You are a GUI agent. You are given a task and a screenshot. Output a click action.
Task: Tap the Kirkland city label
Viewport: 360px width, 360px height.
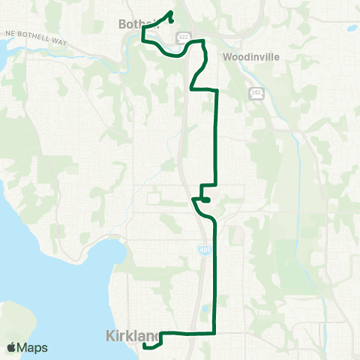[124, 334]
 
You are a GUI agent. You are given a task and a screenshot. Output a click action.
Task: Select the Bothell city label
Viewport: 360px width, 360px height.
[137, 24]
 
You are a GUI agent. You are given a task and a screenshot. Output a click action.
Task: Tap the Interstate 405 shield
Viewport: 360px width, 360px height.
[204, 248]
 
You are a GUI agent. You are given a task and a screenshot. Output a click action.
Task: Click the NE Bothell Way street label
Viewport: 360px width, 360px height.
[35, 38]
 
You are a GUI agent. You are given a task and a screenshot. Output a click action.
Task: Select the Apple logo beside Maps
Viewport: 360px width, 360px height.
[11, 347]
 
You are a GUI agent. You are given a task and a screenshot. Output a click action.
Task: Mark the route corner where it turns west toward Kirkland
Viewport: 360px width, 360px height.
[216, 332]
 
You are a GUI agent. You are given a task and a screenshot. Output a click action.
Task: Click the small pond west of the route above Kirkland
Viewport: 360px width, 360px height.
[205, 308]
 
